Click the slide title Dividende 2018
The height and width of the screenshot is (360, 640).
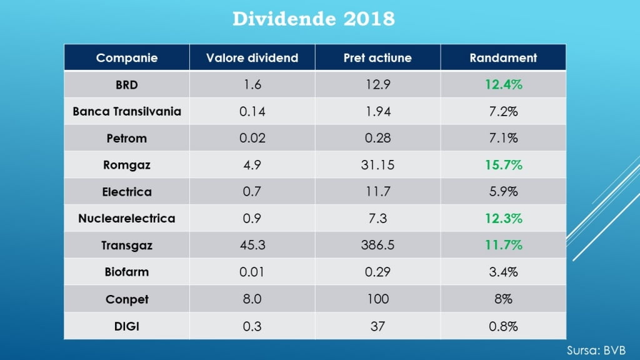click(314, 19)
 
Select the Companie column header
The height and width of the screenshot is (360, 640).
click(127, 58)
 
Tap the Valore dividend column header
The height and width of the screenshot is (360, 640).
click(252, 58)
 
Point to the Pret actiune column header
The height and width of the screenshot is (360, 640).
click(377, 58)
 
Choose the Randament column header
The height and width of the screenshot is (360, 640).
click(503, 58)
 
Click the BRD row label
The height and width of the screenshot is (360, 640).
click(127, 85)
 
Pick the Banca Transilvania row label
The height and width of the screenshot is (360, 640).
click(127, 112)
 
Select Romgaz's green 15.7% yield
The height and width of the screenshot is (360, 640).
click(503, 165)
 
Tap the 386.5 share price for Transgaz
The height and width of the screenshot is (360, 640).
click(377, 246)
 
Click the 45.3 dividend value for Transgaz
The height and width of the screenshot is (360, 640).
click(252, 246)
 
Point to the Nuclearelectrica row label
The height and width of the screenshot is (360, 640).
click(127, 219)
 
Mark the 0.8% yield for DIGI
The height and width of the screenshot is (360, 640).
click(503, 326)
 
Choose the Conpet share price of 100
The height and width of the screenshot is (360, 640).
click(377, 299)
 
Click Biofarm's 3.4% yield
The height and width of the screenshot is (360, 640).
click(503, 272)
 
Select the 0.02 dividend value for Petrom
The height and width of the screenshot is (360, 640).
click(252, 138)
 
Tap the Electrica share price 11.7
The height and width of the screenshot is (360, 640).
click(377, 192)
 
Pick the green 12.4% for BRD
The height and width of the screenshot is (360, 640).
click(503, 85)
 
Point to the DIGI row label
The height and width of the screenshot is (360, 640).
click(127, 326)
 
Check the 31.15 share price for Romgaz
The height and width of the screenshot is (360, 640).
click(377, 165)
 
